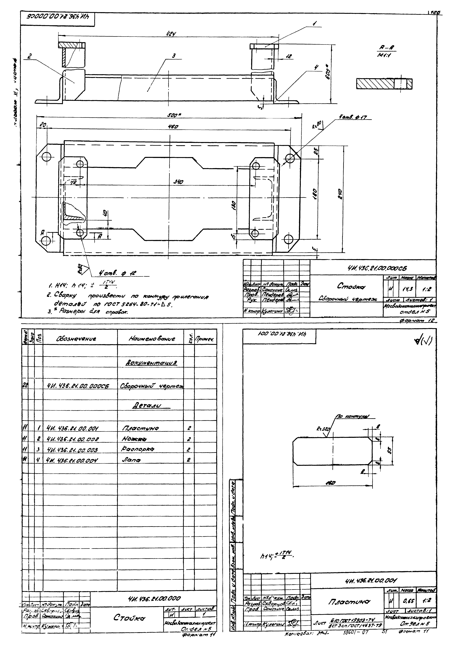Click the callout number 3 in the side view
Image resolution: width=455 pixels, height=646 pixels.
coord(174,56)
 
